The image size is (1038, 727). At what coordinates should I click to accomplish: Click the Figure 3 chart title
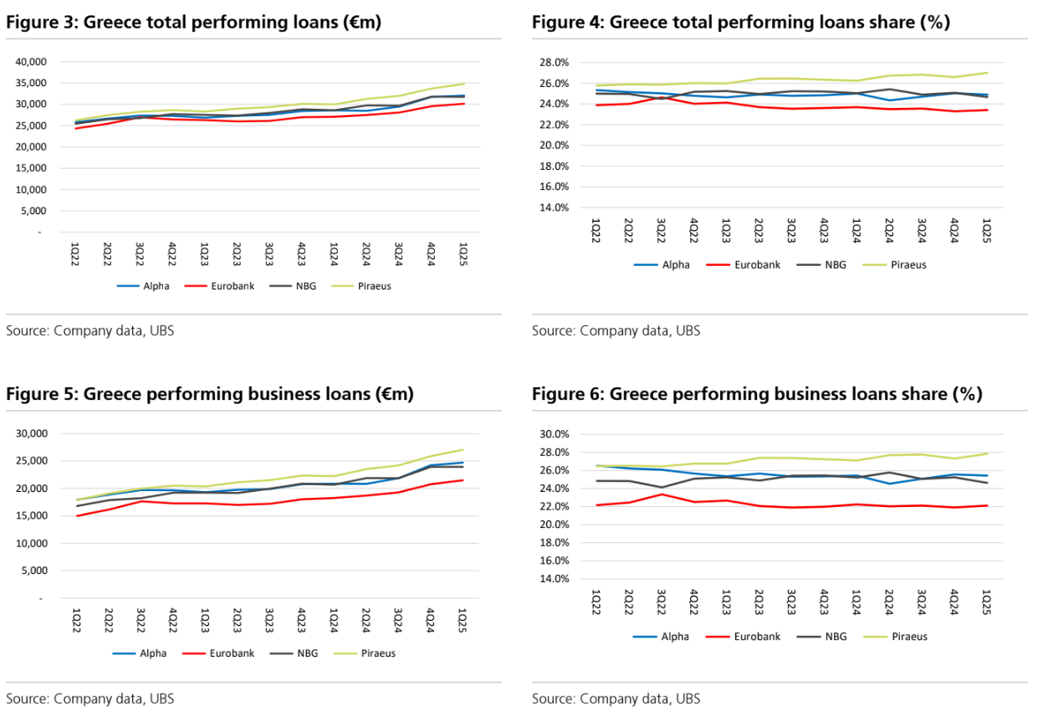(x=193, y=23)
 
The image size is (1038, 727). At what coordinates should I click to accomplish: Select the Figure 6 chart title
(x=756, y=393)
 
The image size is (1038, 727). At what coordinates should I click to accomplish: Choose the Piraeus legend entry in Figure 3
(x=367, y=285)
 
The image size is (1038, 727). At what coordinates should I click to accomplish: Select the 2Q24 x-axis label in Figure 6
(x=889, y=599)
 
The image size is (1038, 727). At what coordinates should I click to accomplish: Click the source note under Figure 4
(x=616, y=330)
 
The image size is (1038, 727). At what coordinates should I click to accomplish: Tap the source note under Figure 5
(x=90, y=698)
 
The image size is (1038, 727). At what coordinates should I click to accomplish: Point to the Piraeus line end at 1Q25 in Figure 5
(x=463, y=449)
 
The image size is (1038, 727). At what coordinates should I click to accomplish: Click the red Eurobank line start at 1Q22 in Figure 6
(x=596, y=505)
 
